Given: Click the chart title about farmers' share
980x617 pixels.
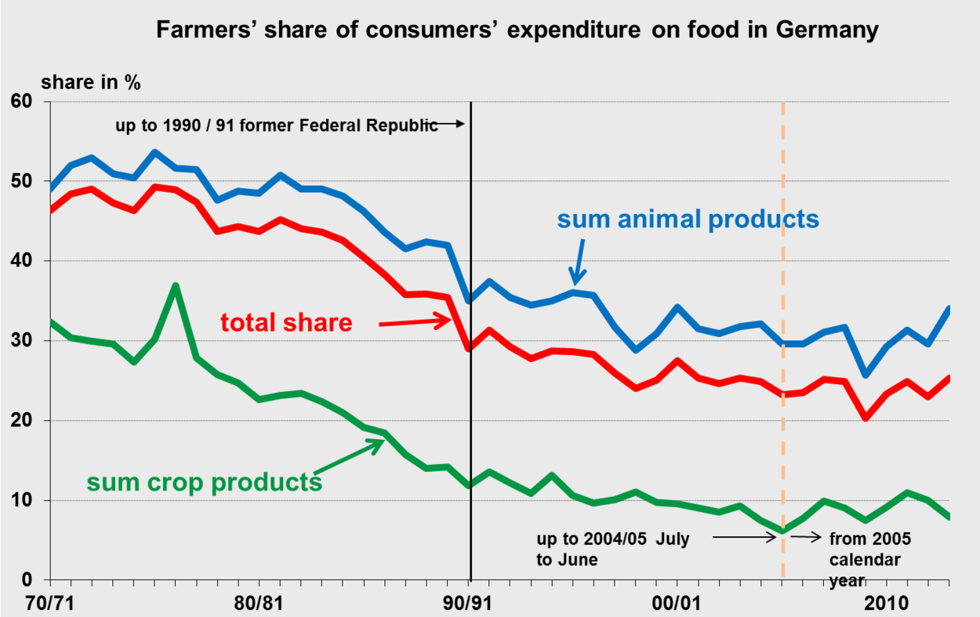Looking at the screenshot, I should [517, 31].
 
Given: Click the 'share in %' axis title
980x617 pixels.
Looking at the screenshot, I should [91, 82].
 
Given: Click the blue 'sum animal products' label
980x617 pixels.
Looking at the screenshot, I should [688, 219].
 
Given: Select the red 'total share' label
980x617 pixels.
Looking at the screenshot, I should [286, 321].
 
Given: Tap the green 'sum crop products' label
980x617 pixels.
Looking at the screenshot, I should [204, 481].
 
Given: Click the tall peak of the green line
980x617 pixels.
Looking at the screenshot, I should [176, 286].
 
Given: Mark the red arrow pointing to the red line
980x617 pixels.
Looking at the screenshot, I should [414, 321].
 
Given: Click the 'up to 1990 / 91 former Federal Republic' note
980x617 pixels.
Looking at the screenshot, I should [277, 125].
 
